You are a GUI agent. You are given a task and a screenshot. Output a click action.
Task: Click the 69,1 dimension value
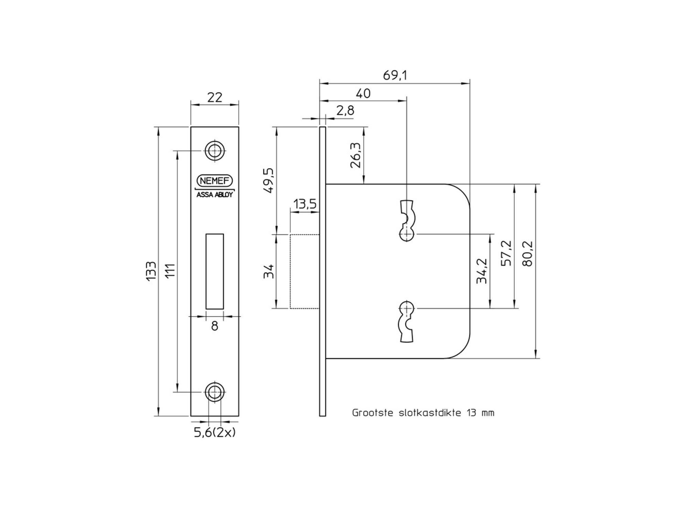coord(395,75)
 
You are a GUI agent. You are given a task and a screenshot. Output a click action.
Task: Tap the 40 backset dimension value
coord(363,94)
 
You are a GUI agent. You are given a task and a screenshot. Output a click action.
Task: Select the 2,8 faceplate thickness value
coord(345,111)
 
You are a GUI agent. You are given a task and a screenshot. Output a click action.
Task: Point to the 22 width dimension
coord(215,98)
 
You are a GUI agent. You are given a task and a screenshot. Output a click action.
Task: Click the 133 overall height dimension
coord(151,271)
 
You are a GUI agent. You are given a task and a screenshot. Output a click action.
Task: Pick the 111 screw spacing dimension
coord(171,270)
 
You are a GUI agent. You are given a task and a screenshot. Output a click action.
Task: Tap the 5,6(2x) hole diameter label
coord(215,432)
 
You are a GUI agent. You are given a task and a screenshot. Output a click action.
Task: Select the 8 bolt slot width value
coord(215,326)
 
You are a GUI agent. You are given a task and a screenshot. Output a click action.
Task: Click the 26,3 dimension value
coord(356,155)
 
